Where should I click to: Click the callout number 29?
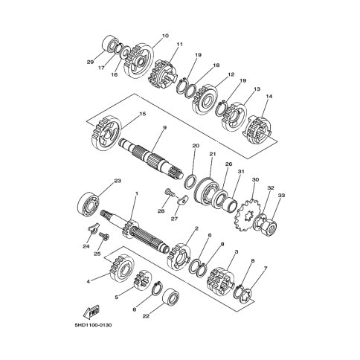pyautogui.click(x=90, y=62)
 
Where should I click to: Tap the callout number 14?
pyautogui.click(x=269, y=96)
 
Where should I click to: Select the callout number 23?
pyautogui.click(x=118, y=181)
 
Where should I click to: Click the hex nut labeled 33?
pyautogui.click(x=270, y=225)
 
